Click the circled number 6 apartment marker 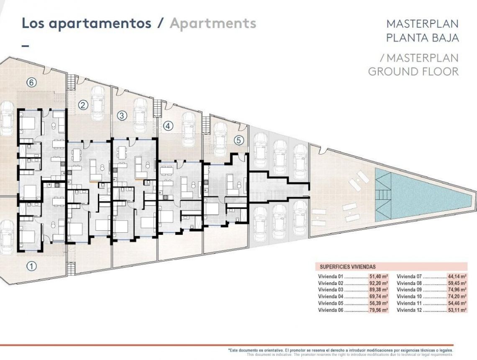(31, 82)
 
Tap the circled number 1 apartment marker (31, 265)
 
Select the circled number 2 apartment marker (83, 105)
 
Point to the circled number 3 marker (122, 116)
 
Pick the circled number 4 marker (168, 126)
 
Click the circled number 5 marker (238, 141)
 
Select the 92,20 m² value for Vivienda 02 (379, 283)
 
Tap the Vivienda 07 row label (409, 276)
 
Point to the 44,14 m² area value (457, 276)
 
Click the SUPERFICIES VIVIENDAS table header (348, 267)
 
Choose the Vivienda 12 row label (409, 310)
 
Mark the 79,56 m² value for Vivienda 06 (379, 310)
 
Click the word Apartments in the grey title (213, 23)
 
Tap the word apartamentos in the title (100, 23)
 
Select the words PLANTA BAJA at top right (422, 38)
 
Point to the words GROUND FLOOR (413, 72)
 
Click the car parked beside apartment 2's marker (97, 103)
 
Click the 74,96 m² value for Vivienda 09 (457, 290)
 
